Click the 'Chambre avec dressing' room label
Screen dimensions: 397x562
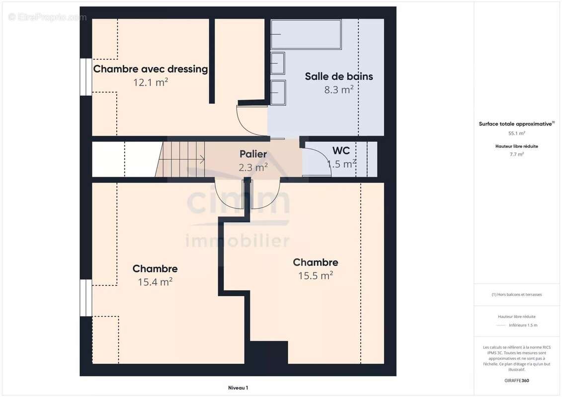[150, 69]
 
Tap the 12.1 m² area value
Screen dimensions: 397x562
[150, 82]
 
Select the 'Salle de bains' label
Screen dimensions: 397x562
[338, 76]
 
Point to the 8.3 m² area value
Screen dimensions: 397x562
[338, 90]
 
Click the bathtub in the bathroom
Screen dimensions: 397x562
[306, 34]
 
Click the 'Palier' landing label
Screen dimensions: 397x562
[253, 154]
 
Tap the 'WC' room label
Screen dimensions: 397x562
[341, 150]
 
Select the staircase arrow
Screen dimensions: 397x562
[202, 159]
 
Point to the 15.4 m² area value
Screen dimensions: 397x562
[155, 282]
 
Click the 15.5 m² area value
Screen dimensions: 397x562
[315, 275]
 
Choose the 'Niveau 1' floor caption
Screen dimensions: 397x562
[238, 388]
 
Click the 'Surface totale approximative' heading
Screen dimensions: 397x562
[516, 124]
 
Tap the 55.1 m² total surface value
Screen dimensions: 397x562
[516, 133]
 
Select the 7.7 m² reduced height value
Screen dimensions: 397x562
[516, 154]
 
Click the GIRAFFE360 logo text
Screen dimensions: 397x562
[516, 381]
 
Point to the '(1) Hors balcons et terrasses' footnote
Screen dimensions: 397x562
[516, 294]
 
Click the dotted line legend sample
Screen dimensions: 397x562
[501, 326]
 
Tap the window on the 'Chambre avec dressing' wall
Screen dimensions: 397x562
[86, 77]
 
